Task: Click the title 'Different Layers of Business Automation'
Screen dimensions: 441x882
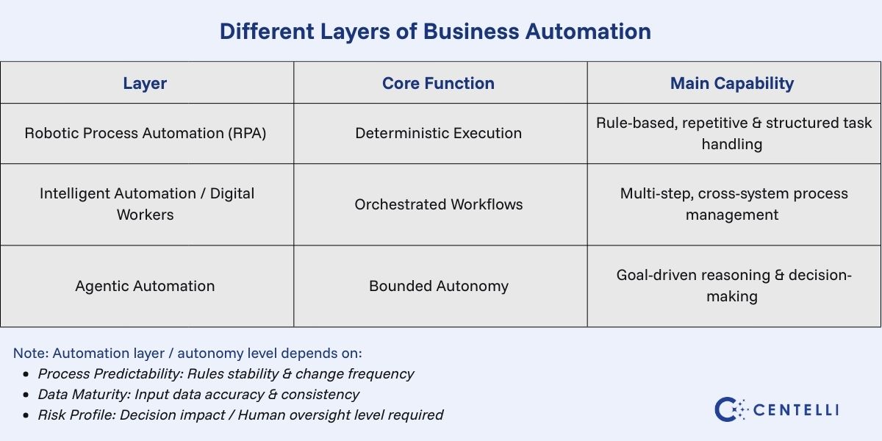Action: pos(435,32)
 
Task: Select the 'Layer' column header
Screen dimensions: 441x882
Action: pos(145,83)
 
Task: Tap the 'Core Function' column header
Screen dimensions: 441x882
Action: pos(438,83)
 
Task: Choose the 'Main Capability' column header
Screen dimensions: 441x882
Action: pos(731,83)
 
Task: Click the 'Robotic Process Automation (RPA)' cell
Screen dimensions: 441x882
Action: pos(145,133)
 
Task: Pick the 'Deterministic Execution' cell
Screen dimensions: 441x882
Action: pos(438,133)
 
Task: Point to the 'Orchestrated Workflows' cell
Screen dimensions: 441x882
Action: pos(438,204)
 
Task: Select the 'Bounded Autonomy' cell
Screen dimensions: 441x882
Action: pos(438,286)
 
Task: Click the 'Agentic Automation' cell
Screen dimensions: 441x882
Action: pos(145,286)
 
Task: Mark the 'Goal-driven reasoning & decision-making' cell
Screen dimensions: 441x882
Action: pos(734,285)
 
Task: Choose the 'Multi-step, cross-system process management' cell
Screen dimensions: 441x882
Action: pos(734,204)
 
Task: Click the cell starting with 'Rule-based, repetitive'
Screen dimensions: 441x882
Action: pos(734,133)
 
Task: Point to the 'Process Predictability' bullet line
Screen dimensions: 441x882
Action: pos(226,373)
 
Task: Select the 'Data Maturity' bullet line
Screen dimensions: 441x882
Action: pos(198,394)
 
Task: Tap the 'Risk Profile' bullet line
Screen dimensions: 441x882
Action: pos(240,415)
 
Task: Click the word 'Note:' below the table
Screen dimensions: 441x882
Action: pos(31,353)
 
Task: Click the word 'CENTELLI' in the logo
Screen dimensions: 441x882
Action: pos(796,410)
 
